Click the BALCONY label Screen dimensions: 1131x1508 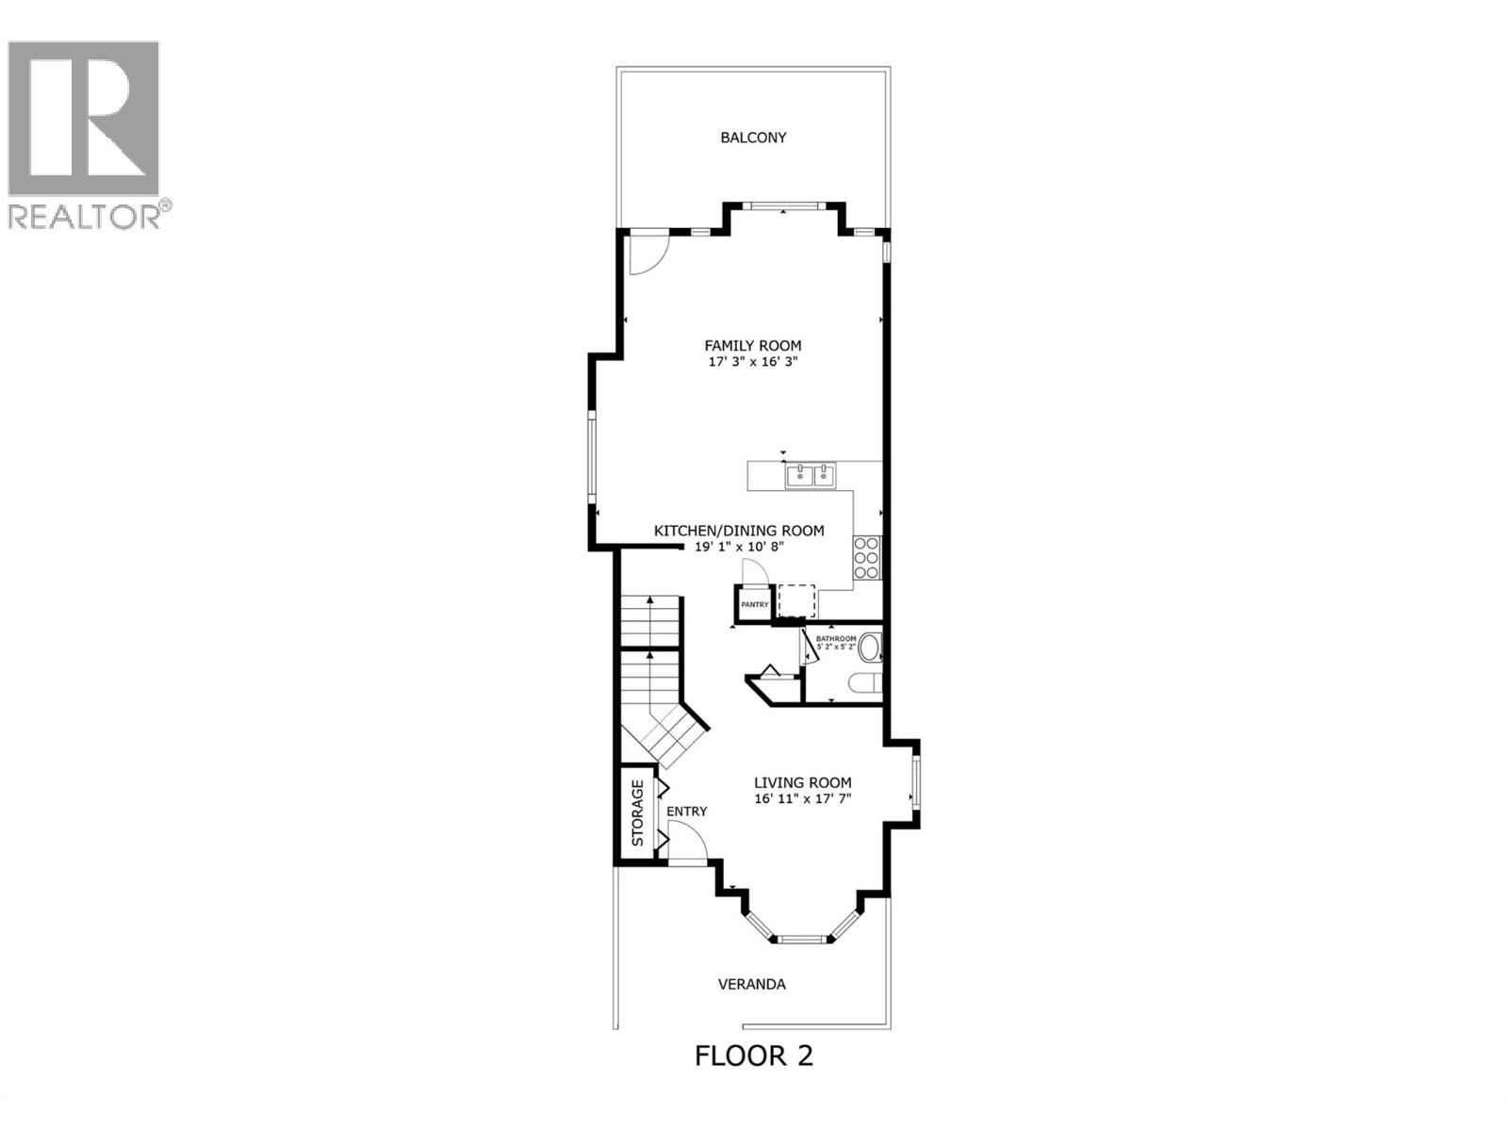click(x=753, y=138)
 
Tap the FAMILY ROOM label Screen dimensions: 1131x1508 click(x=753, y=346)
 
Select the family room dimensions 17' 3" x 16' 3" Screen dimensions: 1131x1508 click(x=753, y=362)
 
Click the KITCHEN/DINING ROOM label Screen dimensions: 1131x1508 click(x=739, y=531)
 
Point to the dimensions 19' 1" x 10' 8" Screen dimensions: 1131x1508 click(x=739, y=547)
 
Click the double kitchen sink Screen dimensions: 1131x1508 click(x=811, y=476)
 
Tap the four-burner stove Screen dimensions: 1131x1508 click(x=866, y=557)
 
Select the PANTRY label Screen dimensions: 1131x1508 click(x=754, y=605)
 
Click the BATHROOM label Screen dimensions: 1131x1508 click(x=836, y=639)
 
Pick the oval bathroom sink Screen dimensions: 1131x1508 click(x=869, y=647)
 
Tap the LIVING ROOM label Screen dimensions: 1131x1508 click(x=802, y=782)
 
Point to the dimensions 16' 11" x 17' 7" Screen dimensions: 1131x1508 click(x=802, y=799)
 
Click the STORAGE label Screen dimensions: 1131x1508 click(x=637, y=812)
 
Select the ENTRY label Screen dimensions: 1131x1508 click(x=686, y=811)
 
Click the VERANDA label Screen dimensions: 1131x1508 click(x=751, y=984)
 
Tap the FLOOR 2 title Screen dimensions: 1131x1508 click(x=753, y=1056)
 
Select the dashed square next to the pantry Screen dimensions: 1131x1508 click(x=796, y=600)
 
